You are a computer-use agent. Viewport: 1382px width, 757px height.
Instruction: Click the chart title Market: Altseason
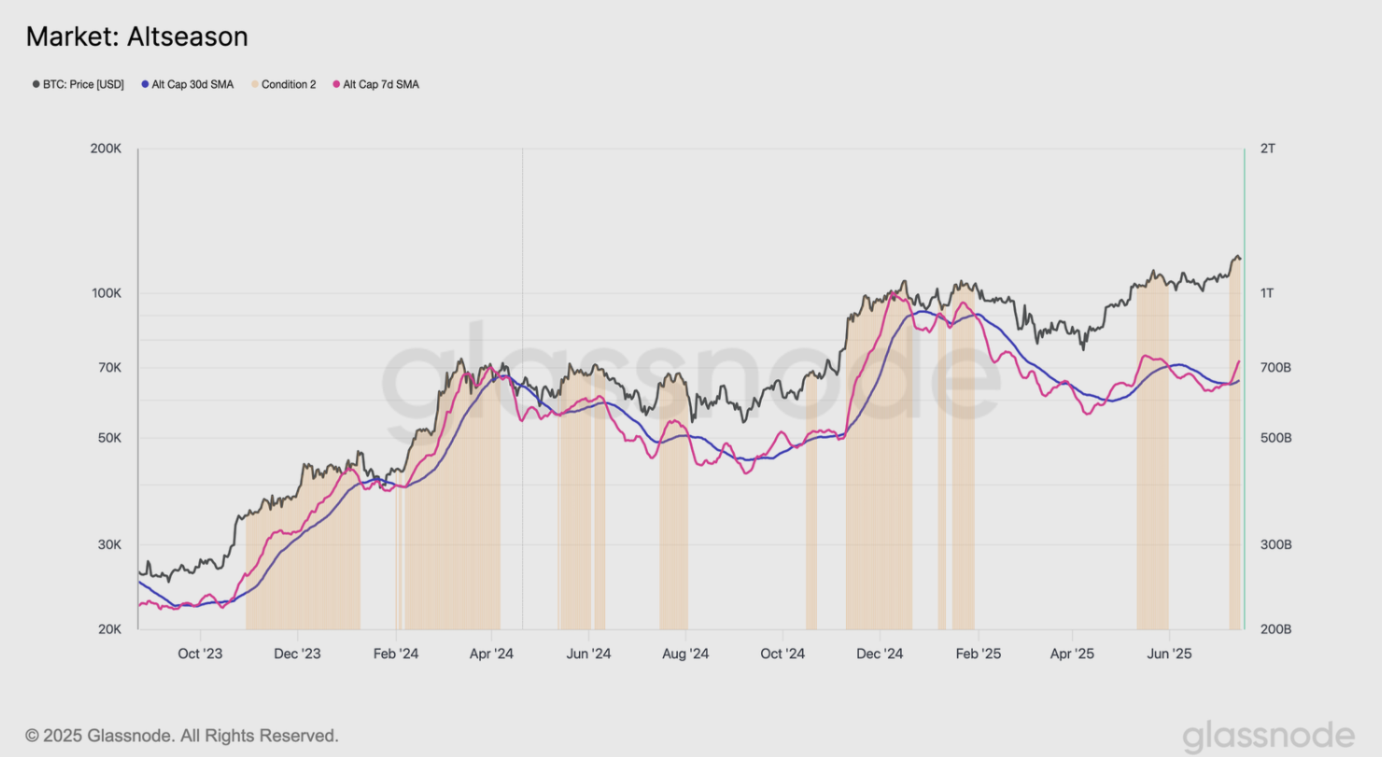(136, 37)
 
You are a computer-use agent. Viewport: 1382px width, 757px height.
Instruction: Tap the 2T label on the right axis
(1268, 149)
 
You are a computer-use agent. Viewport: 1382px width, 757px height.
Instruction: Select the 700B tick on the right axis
(1275, 368)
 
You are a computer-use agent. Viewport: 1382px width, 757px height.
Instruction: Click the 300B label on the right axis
(1275, 545)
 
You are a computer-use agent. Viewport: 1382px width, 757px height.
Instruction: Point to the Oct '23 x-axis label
(200, 654)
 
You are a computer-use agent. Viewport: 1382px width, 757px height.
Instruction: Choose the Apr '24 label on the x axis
(491, 654)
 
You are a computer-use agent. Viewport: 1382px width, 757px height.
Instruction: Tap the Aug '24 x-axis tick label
(686, 654)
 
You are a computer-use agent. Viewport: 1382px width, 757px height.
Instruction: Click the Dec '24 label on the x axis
(880, 654)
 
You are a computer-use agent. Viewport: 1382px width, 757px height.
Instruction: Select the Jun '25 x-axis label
(1170, 654)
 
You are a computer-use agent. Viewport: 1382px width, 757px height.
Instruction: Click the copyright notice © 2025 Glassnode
(181, 736)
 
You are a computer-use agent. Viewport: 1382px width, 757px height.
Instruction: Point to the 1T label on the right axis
(1267, 293)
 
